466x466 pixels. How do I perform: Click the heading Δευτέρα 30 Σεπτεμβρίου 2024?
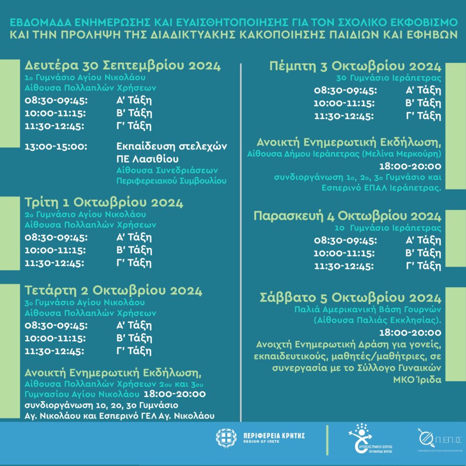click(122, 66)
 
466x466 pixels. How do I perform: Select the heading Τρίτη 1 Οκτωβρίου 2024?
click(104, 203)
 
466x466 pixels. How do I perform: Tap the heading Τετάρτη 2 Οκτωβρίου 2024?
click(113, 291)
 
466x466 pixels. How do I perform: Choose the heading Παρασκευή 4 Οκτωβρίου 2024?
click(347, 216)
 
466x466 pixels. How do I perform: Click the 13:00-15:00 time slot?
click(56, 147)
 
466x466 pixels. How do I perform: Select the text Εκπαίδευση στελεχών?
click(172, 147)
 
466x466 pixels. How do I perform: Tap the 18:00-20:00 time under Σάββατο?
click(410, 333)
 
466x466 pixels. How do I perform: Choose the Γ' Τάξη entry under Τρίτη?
click(133, 263)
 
